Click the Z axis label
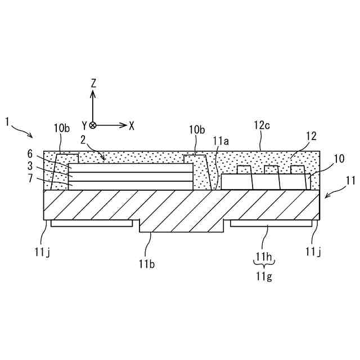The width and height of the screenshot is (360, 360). (93, 83)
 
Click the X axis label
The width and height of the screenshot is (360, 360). (132, 125)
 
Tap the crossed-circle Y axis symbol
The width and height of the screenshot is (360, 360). (93, 125)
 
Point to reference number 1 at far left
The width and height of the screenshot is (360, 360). (7, 121)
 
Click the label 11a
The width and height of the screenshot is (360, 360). (220, 142)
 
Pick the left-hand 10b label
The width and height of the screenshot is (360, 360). (61, 128)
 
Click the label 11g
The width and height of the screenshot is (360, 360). (263, 276)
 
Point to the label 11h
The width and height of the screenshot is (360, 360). (263, 257)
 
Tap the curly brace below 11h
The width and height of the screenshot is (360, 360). (263, 266)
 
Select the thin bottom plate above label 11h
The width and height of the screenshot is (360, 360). (271, 223)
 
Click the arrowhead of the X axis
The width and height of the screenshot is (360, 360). (124, 125)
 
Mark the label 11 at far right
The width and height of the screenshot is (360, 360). (350, 181)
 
